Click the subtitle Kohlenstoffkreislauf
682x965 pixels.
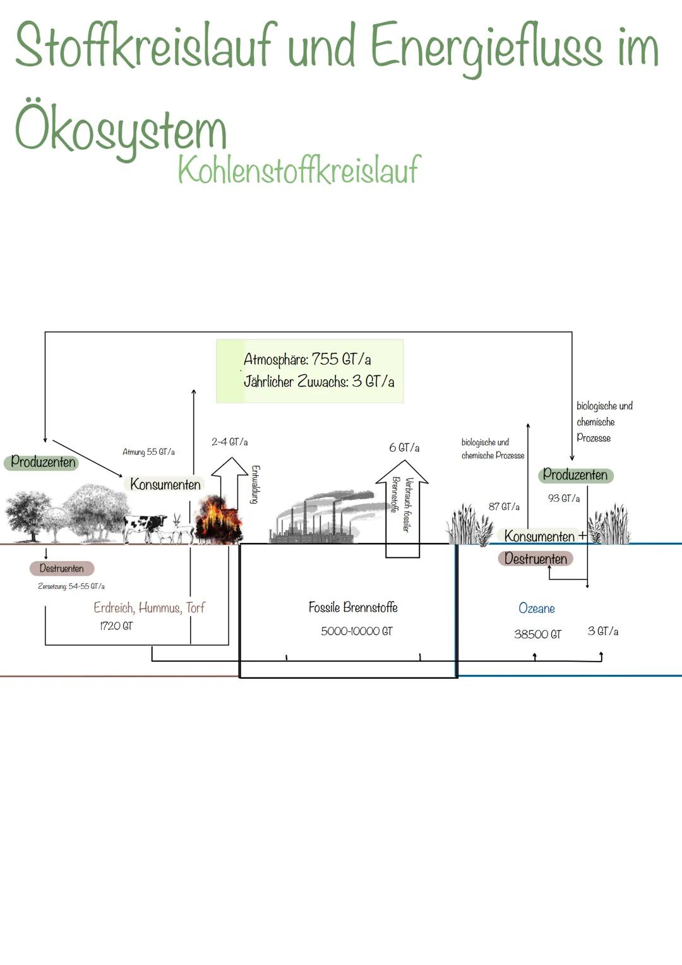point(298,169)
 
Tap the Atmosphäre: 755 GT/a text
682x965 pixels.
point(307,360)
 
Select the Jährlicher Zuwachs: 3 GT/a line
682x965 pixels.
point(319,382)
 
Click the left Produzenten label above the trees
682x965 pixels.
point(43,462)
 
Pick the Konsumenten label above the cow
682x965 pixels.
point(165,485)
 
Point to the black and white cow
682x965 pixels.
point(144,527)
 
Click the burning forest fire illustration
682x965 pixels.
point(218,520)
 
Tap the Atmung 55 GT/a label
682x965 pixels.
point(148,452)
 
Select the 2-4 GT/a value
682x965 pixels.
point(229,442)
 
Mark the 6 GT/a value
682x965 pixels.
point(404,447)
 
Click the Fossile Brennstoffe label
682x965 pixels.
point(353,607)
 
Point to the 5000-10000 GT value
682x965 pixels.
point(356,631)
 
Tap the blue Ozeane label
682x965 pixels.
point(536,609)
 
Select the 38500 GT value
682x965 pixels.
point(537,634)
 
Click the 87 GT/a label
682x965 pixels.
point(504,507)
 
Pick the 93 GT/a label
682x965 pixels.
point(563,499)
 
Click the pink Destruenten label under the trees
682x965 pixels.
point(61,569)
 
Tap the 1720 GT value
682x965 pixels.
point(116,626)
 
